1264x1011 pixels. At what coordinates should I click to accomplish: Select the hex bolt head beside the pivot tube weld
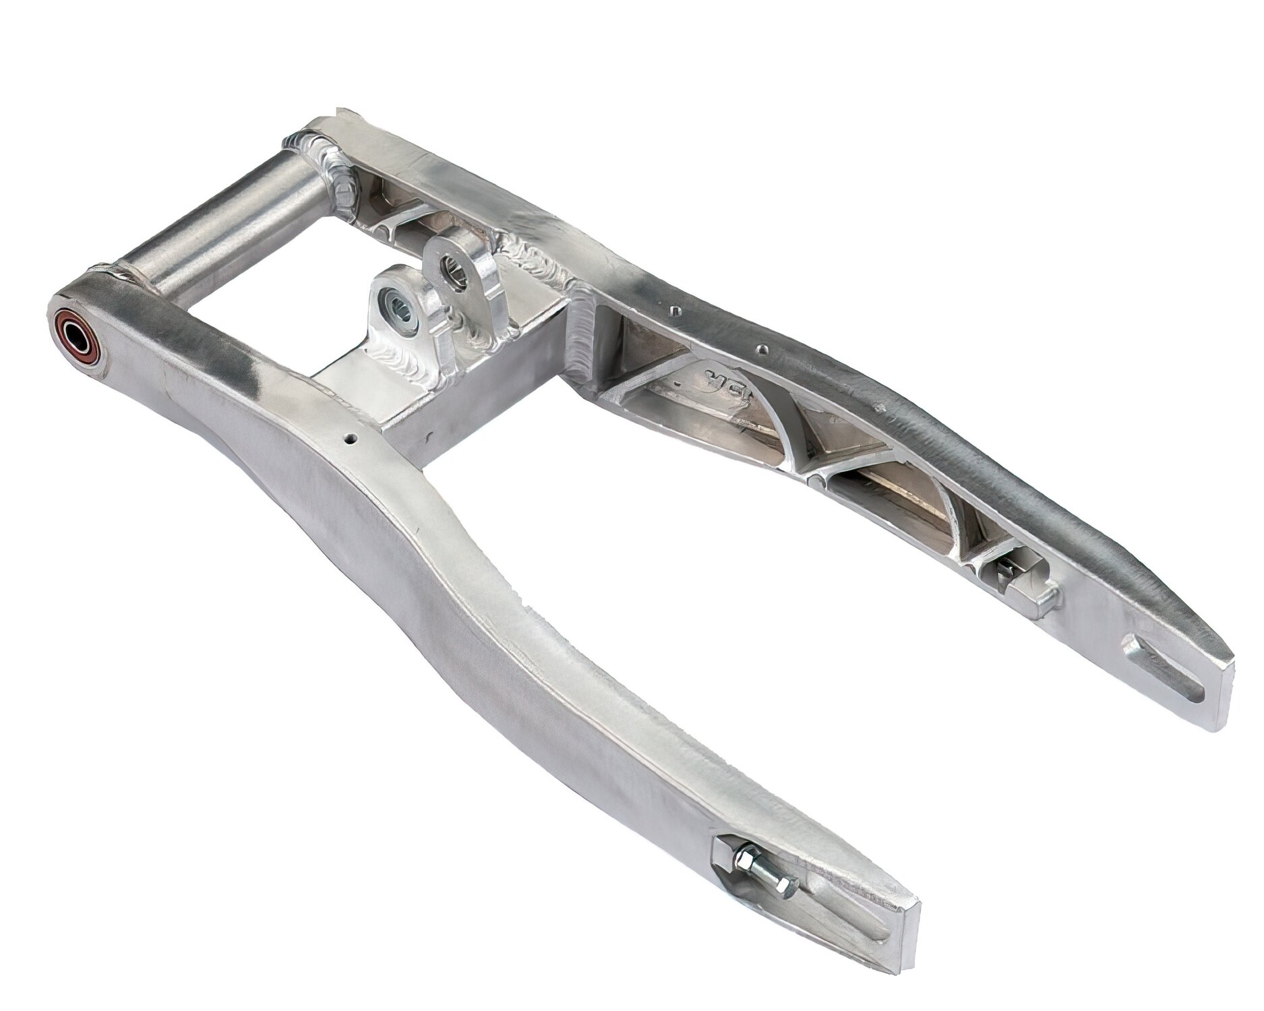pyautogui.click(x=344, y=195)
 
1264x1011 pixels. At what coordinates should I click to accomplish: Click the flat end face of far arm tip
pyautogui.click(x=1220, y=687)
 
